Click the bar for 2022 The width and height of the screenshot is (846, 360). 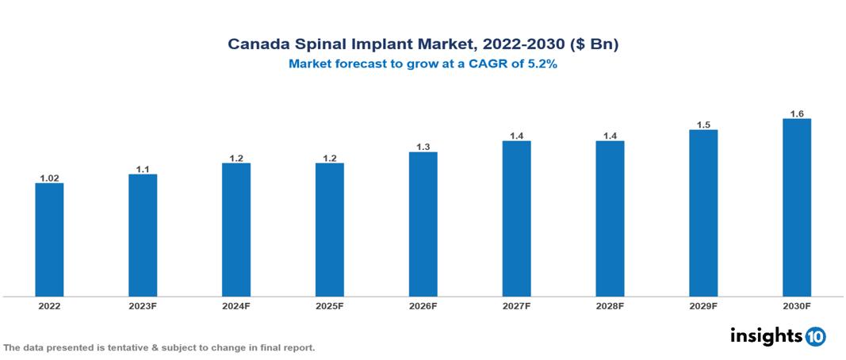[x=49, y=240]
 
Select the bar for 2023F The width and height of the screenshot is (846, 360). [x=143, y=236]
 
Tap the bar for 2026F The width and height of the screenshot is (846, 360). [x=423, y=224]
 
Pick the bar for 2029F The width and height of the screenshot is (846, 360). [x=703, y=213]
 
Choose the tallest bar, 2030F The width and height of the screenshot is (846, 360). [x=796, y=208]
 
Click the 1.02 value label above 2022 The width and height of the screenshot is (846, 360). [x=49, y=178]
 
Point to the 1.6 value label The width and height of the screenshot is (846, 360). [x=797, y=114]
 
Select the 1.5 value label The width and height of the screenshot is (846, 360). [x=703, y=125]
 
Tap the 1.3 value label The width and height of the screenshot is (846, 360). [x=423, y=147]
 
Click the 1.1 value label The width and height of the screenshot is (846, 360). [x=143, y=169]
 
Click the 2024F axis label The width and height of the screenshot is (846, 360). [x=236, y=306]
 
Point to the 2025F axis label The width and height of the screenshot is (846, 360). [x=330, y=306]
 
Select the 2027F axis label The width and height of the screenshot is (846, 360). [x=516, y=306]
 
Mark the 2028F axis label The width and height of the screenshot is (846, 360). [x=610, y=306]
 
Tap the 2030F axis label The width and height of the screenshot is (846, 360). [x=797, y=306]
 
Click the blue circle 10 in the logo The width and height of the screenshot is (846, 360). [x=815, y=336]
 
